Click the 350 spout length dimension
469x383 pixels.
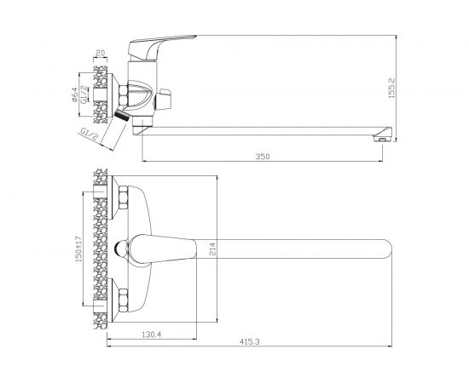(263, 156)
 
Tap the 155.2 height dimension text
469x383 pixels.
(391, 88)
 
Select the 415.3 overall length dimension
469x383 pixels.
(249, 342)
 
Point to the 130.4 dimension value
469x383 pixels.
(151, 334)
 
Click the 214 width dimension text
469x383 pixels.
(212, 249)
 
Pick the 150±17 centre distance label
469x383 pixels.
(78, 249)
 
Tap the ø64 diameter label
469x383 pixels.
(74, 94)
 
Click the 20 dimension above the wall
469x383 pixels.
(101, 53)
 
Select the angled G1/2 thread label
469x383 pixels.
(90, 134)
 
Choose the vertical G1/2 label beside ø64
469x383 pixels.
(84, 94)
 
